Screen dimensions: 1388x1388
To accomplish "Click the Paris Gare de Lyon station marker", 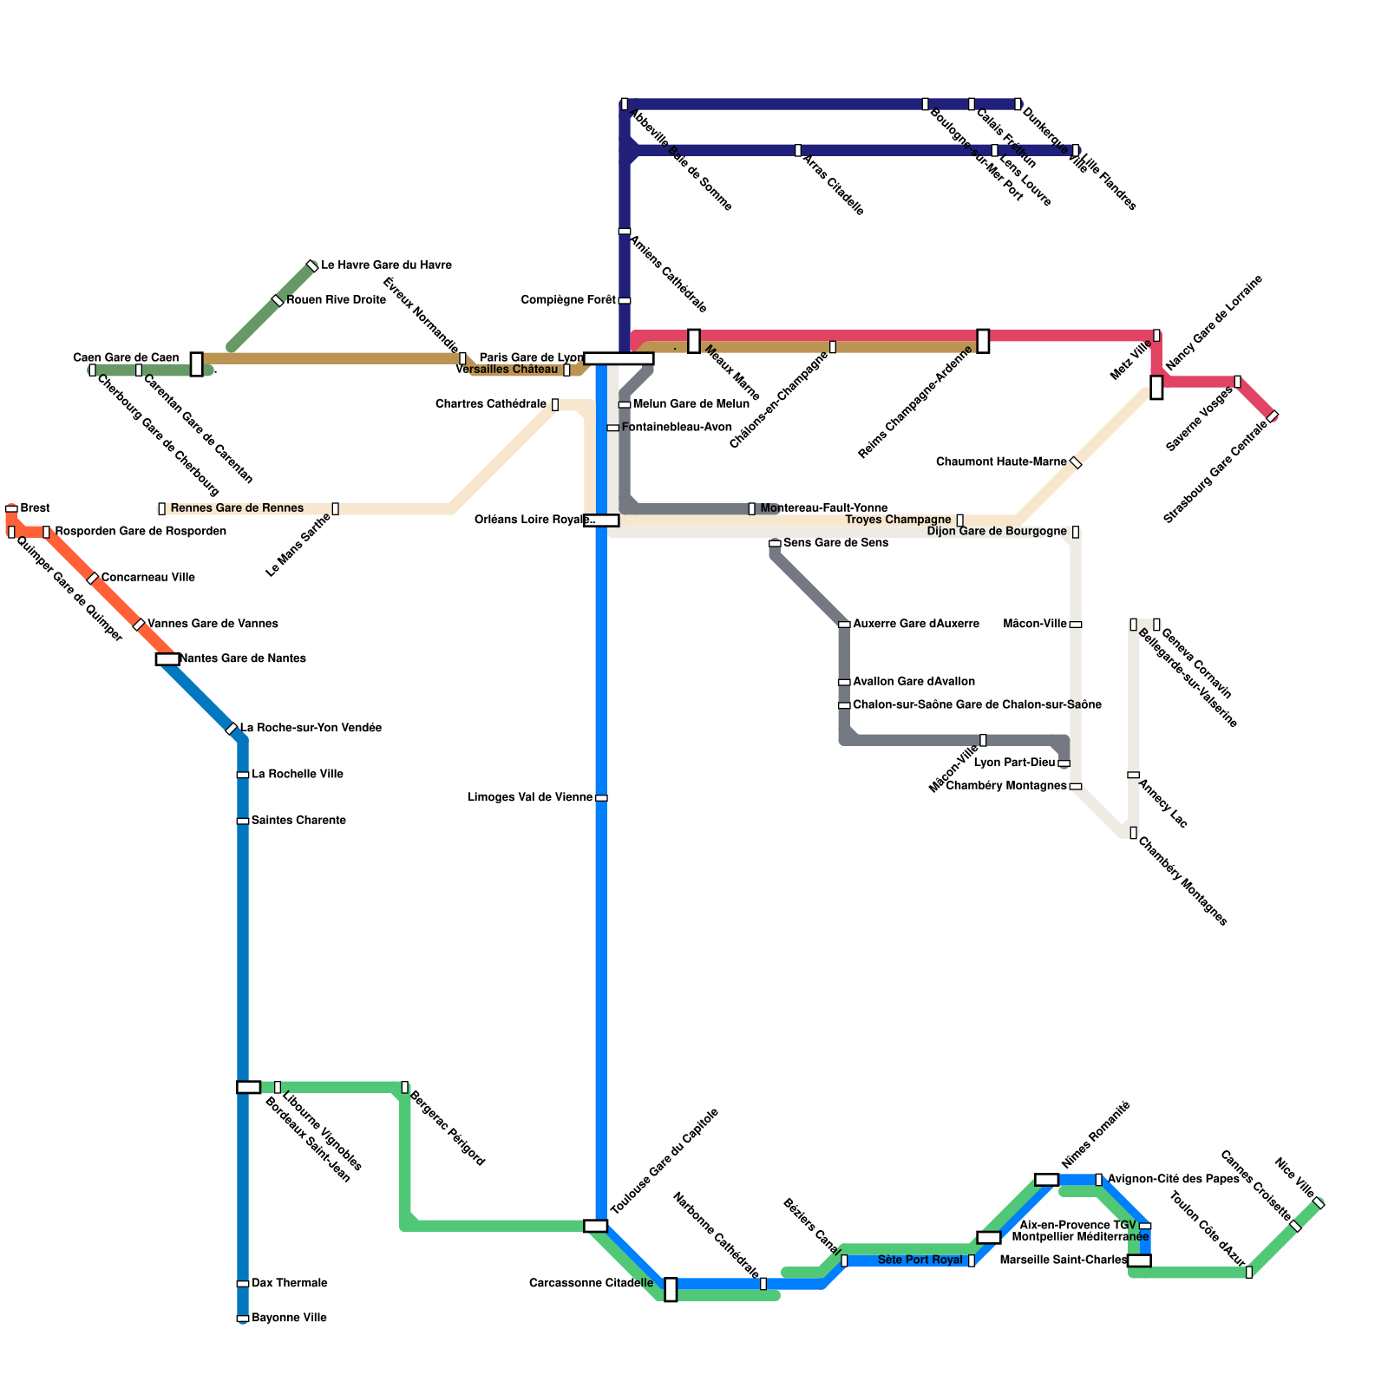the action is tap(619, 358).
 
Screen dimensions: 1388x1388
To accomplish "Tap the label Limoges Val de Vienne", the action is tap(530, 797).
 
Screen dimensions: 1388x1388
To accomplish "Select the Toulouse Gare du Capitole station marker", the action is tap(596, 1226).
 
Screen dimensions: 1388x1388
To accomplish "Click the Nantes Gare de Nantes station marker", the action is tap(167, 659).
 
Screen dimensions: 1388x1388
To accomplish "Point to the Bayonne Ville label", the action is tap(289, 1318).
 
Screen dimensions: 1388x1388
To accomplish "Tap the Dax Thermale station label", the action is tap(289, 1283).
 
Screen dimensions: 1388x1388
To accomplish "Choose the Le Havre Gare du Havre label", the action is tap(386, 265).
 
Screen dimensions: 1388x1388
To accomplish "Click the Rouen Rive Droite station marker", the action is tap(278, 300).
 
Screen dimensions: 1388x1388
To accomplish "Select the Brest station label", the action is tap(35, 507).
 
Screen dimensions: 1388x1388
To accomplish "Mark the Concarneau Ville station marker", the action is tap(93, 579).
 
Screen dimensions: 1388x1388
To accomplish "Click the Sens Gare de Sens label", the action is tap(835, 543).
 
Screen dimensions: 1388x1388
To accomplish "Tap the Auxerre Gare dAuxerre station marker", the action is tap(844, 625).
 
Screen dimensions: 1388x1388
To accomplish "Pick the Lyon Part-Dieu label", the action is tap(1014, 763).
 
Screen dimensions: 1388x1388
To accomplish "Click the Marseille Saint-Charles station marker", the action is tap(1139, 1260).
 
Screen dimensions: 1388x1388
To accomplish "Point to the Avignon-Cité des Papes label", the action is tap(1173, 1179).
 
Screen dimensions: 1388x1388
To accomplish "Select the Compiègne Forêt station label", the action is tap(568, 300).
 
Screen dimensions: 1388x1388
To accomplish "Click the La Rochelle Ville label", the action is tap(298, 774).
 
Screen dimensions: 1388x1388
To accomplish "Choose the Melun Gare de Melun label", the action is tap(691, 404).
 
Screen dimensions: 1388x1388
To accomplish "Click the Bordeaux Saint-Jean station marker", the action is tap(249, 1087).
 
